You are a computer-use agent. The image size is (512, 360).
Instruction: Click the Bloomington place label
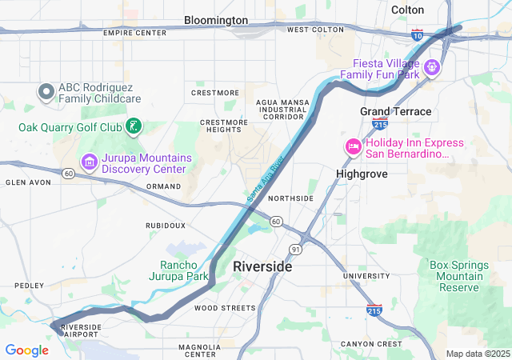pos(216,19)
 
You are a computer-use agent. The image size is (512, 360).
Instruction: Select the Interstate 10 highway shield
pos(418,35)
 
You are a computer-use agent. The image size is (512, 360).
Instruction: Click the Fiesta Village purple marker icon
pos(432,67)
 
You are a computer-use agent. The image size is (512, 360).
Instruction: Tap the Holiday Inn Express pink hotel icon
pos(353,147)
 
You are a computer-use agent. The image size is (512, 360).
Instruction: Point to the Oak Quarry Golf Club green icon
pos(134,126)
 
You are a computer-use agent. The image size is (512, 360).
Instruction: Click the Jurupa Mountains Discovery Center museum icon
pos(89,162)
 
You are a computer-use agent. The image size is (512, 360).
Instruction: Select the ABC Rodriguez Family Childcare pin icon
pos(46,93)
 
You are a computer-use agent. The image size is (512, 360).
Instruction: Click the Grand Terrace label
pos(395,111)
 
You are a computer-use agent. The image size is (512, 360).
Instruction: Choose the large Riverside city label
pos(262,266)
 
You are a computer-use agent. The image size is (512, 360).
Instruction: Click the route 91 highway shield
pos(295,250)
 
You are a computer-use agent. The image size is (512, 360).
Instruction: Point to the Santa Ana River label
pos(265,178)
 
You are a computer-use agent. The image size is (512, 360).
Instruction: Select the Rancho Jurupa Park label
pos(184,270)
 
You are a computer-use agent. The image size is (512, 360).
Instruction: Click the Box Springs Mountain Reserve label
pos(456,276)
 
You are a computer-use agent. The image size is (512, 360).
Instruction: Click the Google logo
pos(26,350)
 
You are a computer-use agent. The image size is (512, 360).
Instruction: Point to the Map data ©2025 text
pos(477,354)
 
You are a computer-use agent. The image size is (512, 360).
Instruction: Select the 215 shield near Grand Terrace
pos(380,124)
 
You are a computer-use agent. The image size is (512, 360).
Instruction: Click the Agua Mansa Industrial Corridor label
pos(279,110)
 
